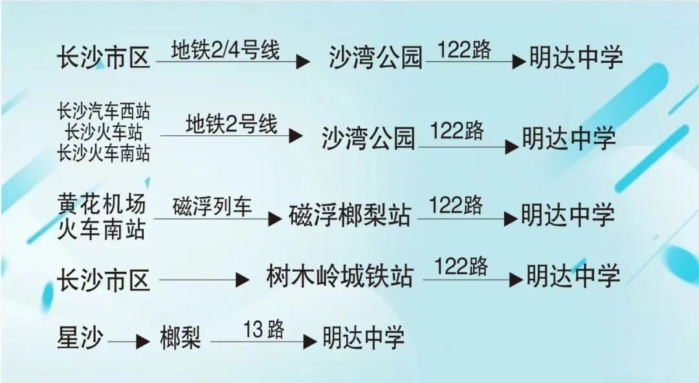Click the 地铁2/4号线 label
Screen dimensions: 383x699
[x=225, y=50]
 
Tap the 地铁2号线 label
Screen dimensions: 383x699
[x=232, y=124]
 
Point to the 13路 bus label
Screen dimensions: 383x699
[x=263, y=329]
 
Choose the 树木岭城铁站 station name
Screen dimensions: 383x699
[x=339, y=276]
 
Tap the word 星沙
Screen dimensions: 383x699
[x=80, y=338]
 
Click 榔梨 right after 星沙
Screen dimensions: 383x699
[x=181, y=338]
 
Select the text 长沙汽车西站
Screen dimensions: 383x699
[x=104, y=111]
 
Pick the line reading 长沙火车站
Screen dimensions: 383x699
[x=104, y=132]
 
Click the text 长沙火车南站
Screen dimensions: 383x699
[x=104, y=153]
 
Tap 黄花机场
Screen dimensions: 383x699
[x=102, y=204]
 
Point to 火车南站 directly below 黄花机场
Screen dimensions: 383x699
[x=102, y=230]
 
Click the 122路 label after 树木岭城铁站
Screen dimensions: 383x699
[x=461, y=267]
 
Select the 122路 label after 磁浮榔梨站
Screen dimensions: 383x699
[x=456, y=206]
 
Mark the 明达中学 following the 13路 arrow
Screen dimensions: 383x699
[x=364, y=338]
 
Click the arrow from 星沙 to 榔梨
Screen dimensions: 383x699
[x=129, y=342]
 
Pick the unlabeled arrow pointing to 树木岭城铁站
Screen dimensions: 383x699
[x=204, y=280]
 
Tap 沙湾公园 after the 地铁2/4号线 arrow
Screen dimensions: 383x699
[x=375, y=58]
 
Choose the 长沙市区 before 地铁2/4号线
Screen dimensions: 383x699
[x=104, y=58]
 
